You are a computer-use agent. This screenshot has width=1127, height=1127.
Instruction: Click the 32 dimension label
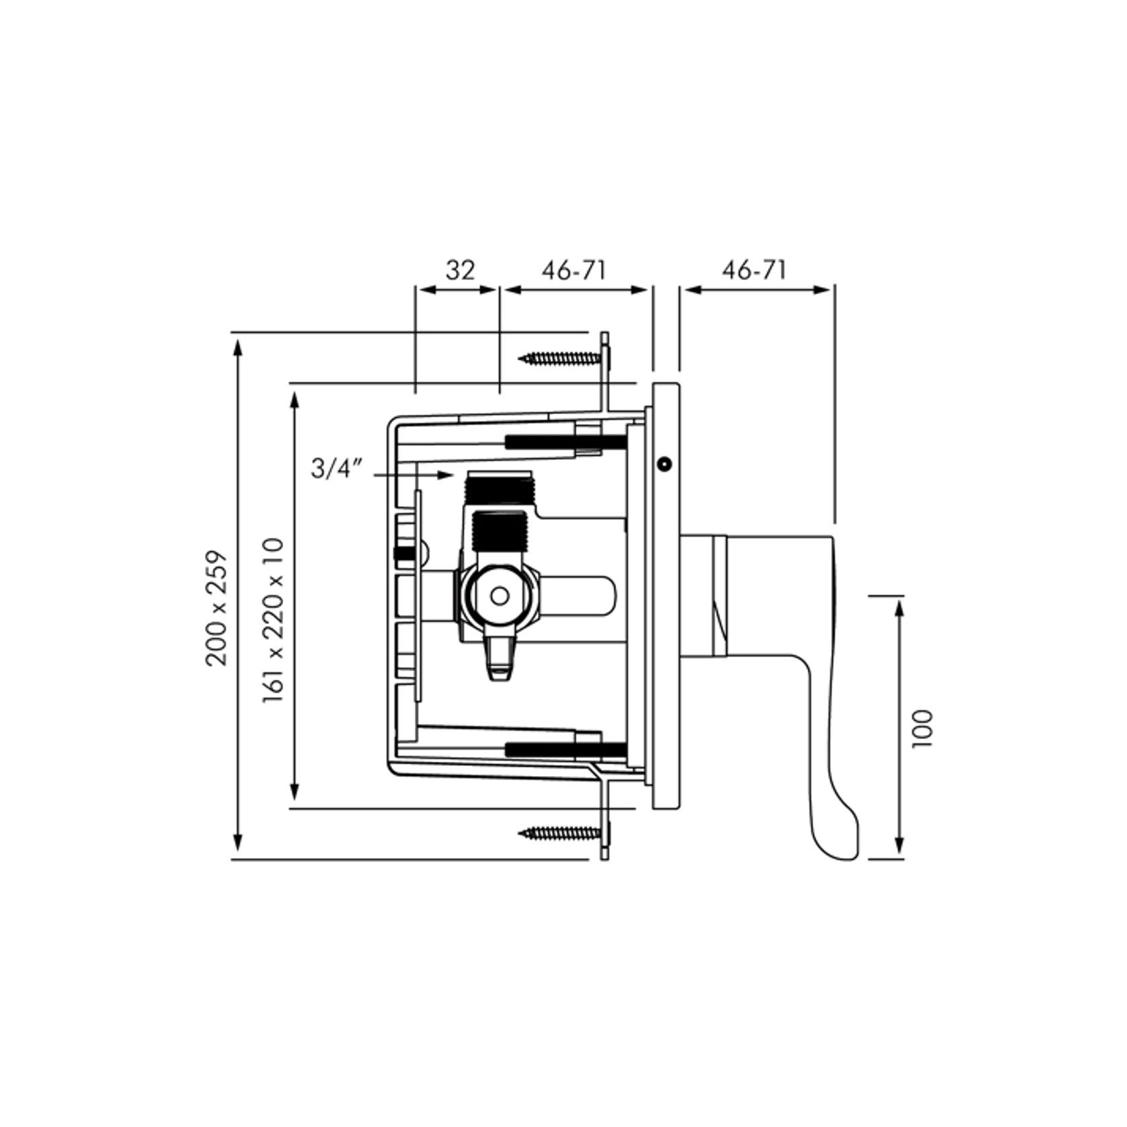pos(460,270)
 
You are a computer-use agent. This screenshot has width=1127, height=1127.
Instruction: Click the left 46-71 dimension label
pos(574,270)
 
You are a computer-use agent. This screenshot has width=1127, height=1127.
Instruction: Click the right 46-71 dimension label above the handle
pos(754,270)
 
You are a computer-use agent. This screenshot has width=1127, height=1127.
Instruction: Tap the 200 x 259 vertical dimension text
pos(217,609)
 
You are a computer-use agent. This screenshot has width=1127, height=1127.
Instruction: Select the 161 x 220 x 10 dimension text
pos(274,620)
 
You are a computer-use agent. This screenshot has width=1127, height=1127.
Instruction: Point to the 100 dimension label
pos(923,728)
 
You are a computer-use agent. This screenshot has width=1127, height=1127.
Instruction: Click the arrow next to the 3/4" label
pos(414,475)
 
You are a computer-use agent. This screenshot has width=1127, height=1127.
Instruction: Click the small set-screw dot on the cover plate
pos(664,464)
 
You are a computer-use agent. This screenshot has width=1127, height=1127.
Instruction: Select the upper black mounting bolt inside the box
pos(565,442)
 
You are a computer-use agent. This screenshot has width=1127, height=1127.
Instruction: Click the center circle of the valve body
pos(499,596)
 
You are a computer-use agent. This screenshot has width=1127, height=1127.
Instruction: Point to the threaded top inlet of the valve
pos(499,481)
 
